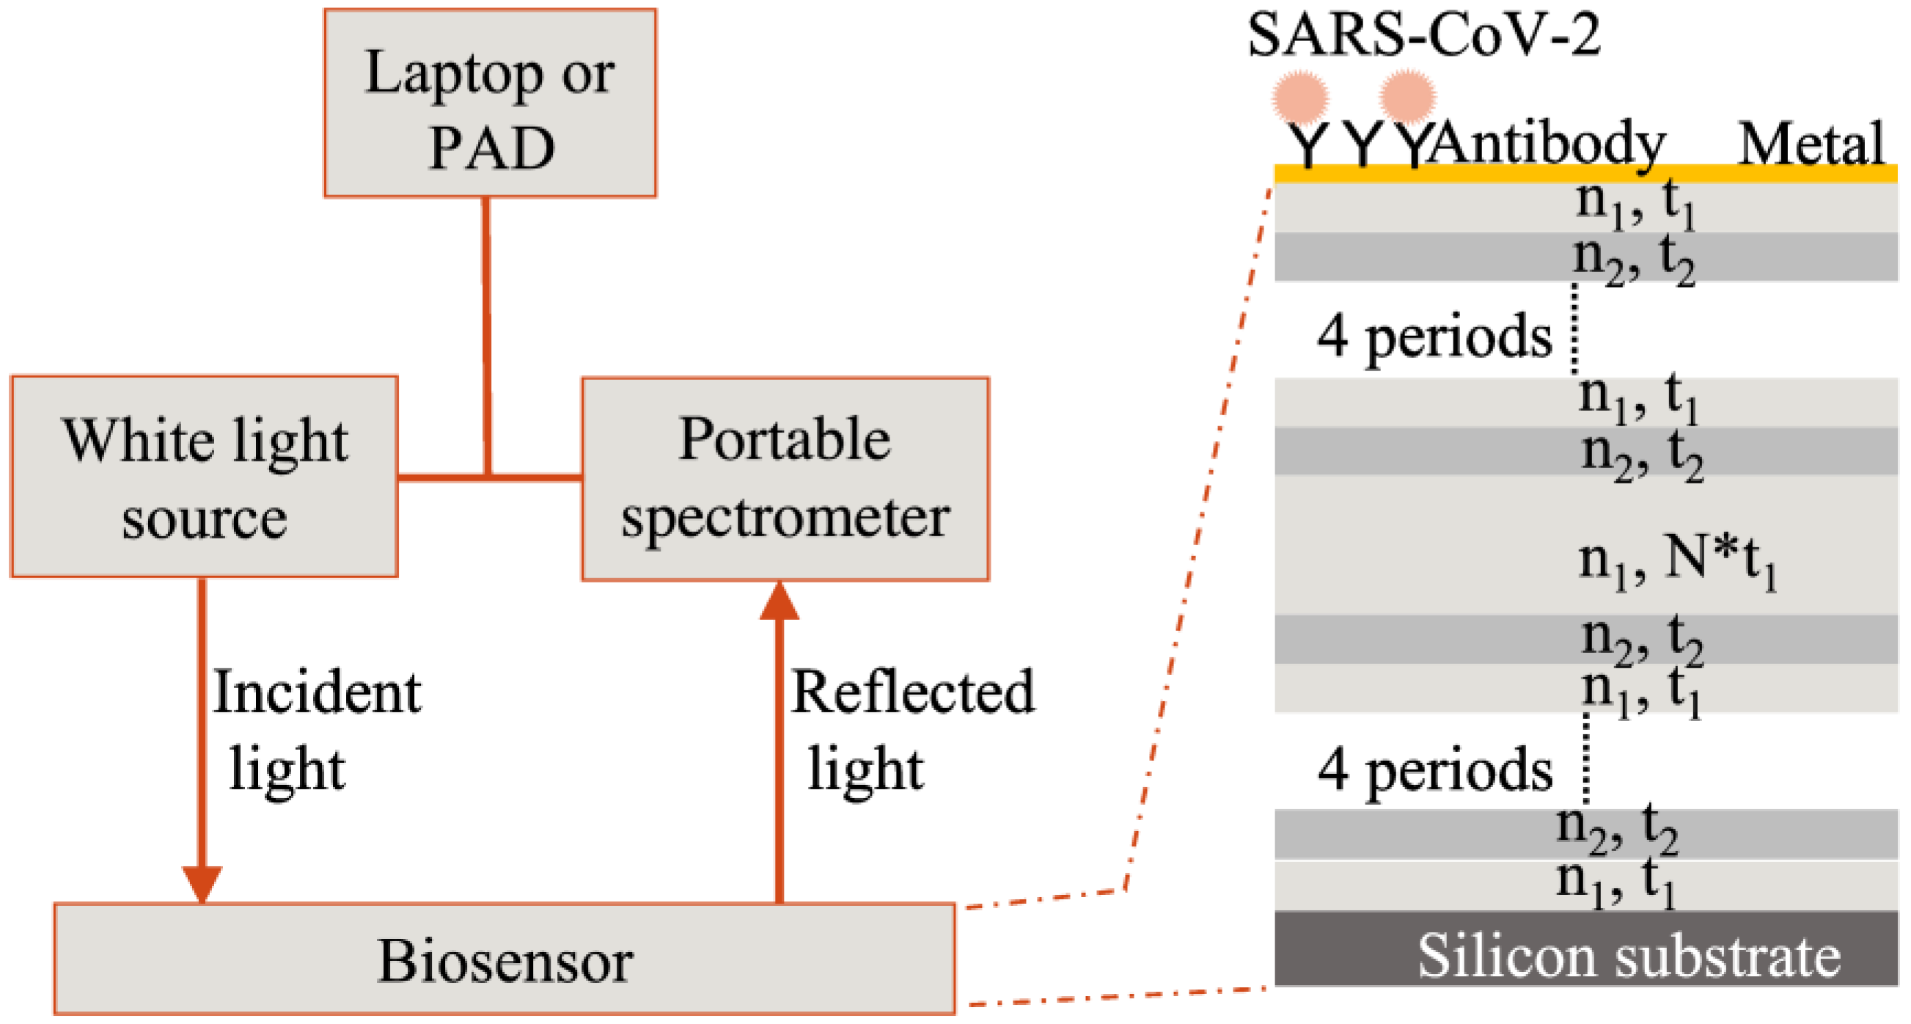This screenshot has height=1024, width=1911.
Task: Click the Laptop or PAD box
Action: pos(490,104)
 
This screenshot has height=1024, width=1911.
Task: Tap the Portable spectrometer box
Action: pos(785,478)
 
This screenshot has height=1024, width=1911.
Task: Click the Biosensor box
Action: pos(505,959)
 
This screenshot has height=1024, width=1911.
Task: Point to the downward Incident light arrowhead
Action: pos(202,883)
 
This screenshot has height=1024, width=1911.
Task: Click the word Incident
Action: pos(317,692)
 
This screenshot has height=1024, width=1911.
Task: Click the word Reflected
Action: pos(912,692)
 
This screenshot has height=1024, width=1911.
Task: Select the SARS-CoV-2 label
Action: pos(1423,35)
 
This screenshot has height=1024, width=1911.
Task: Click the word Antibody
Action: pos(1547,144)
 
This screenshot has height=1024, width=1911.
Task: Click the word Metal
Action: pos(1811,144)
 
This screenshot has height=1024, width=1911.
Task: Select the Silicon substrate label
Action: pos(1629,956)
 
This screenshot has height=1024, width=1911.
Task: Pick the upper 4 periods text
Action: pos(1434,336)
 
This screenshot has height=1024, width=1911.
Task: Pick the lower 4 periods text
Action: pos(1434,770)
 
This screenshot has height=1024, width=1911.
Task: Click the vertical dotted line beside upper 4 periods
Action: pos(1574,328)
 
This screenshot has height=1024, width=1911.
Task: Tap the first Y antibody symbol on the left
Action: pos(1307,146)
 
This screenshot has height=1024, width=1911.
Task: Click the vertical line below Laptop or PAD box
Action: pos(487,334)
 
